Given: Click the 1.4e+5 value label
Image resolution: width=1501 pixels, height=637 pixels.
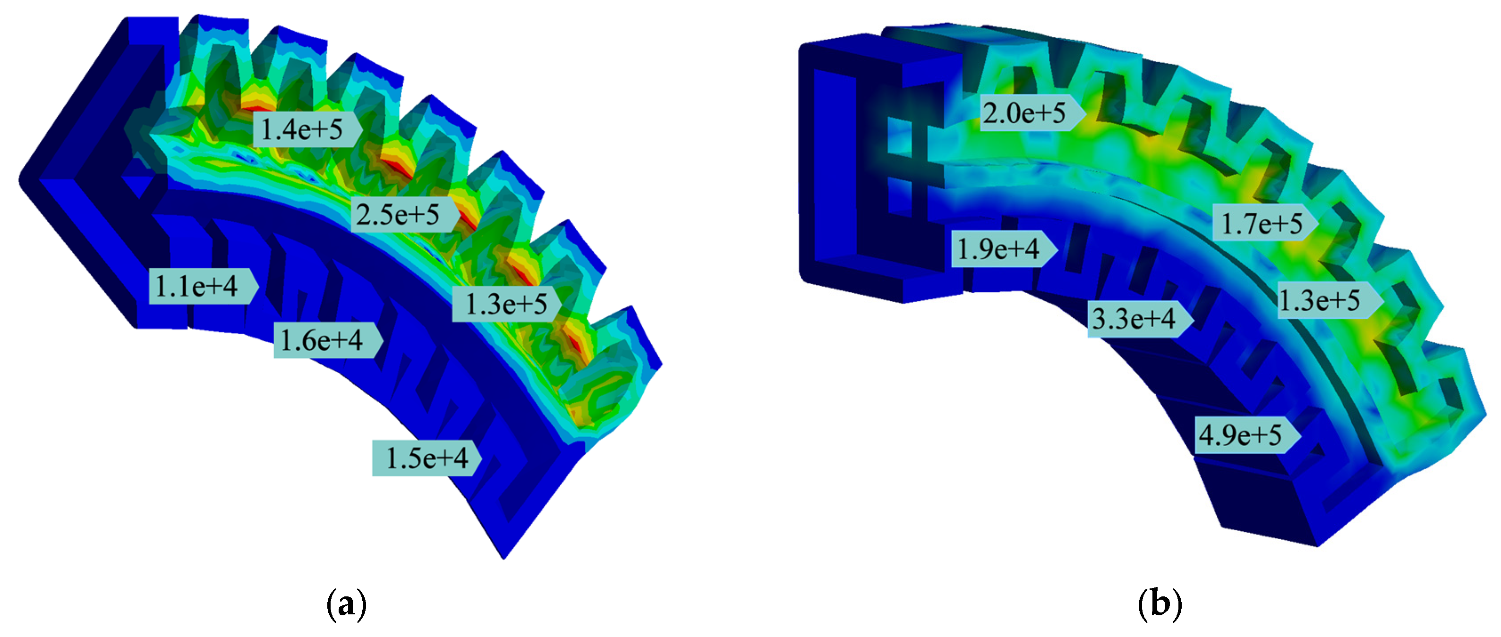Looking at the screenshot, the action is [301, 129].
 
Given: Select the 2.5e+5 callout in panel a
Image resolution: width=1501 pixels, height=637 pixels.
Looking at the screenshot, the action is [398, 214].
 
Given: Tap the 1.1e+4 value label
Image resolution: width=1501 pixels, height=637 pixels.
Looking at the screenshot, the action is [196, 286].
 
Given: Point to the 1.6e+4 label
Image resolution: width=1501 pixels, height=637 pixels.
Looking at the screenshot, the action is [322, 340].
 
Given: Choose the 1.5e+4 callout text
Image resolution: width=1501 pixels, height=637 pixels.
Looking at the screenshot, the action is [427, 458].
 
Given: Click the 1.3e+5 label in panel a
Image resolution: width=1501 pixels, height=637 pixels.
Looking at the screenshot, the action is [506, 304].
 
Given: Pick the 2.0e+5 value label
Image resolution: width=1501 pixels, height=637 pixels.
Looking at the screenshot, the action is [1024, 112].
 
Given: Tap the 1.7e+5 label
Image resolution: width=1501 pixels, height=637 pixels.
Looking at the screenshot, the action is [1262, 223].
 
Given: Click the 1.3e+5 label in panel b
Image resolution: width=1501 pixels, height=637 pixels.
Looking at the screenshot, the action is [1319, 300].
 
